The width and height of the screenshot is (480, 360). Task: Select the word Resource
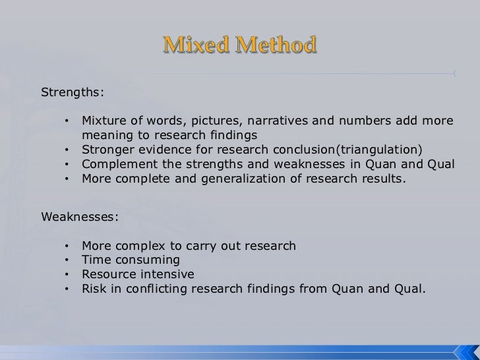point(108,274)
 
